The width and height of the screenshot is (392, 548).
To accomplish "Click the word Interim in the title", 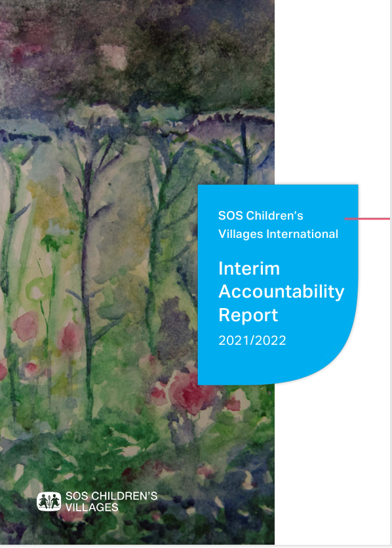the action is pyautogui.click(x=249, y=268).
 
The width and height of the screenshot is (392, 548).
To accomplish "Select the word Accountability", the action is pyautogui.click(x=282, y=292).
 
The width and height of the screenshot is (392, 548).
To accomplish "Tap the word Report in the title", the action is pyautogui.click(x=248, y=315).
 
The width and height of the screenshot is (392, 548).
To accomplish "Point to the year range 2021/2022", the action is pyautogui.click(x=252, y=340).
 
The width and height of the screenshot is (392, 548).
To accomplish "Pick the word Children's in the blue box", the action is pyautogui.click(x=275, y=216).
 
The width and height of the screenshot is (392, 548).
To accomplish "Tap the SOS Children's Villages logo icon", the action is pyautogui.click(x=49, y=501).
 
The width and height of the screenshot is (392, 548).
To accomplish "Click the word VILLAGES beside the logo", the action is pyautogui.click(x=92, y=507).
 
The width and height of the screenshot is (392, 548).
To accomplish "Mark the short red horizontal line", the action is pyautogui.click(x=367, y=219).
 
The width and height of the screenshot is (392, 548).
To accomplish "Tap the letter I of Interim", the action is pyautogui.click(x=220, y=268).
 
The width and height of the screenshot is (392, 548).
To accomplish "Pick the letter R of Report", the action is pyautogui.click(x=225, y=315).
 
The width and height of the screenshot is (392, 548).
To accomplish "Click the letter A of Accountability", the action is pyautogui.click(x=225, y=292).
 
